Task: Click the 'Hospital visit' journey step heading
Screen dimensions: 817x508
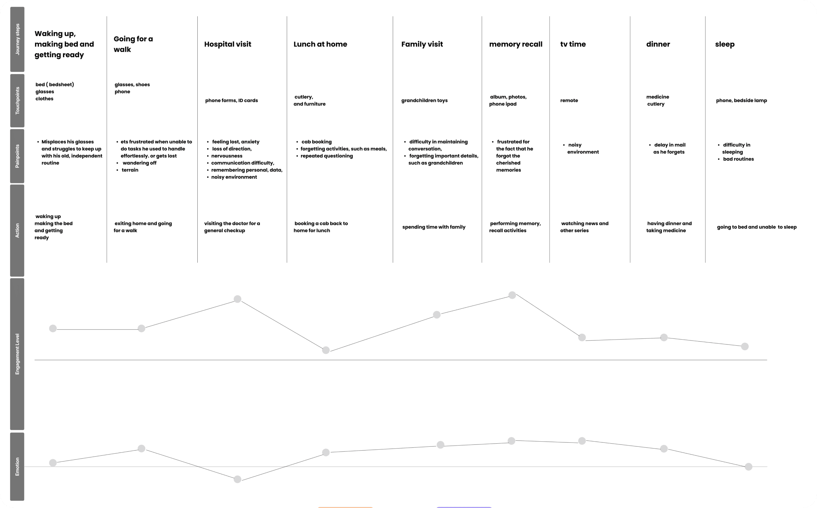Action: coord(228,44)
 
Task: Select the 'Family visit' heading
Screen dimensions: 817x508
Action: coord(422,44)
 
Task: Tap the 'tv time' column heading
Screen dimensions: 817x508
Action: coord(573,44)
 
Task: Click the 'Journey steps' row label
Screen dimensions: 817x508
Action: coord(17,39)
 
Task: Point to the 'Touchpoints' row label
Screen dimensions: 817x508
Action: coord(17,100)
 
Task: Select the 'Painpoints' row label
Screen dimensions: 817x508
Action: coord(17,156)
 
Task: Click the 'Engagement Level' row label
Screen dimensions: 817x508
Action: coord(17,354)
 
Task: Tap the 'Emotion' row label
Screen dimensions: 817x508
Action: coord(17,466)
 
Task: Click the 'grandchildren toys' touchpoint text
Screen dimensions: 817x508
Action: coord(424,100)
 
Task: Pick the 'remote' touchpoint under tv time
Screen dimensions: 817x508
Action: coord(569,100)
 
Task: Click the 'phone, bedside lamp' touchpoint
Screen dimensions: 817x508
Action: coord(741,100)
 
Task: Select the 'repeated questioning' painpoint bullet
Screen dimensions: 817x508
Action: coord(326,156)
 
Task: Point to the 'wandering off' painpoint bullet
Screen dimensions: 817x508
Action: coord(139,163)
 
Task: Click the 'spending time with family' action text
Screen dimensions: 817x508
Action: coord(434,227)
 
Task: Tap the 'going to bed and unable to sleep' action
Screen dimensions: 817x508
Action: coord(757,227)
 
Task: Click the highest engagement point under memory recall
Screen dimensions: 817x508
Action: coord(512,295)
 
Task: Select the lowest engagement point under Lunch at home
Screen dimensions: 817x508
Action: coord(326,350)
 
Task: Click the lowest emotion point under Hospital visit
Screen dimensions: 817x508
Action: coord(237,479)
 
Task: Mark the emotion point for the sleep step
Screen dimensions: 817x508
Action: coord(748,467)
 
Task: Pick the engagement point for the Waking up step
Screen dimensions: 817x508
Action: coord(53,328)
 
